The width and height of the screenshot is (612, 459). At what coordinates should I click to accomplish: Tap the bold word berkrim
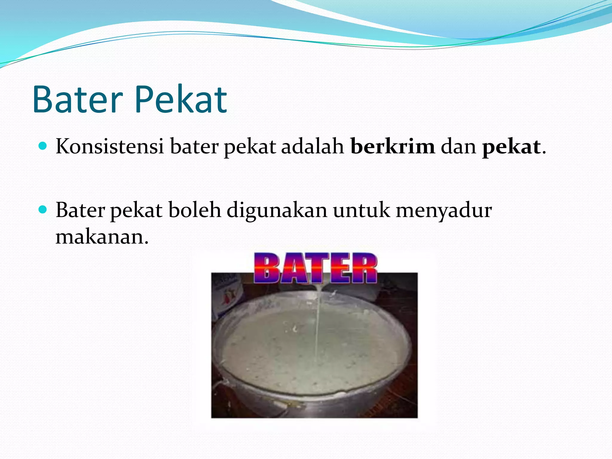tap(393, 147)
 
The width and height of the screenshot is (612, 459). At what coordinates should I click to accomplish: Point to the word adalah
tap(313, 147)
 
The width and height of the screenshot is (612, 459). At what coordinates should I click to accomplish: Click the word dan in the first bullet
tap(458, 147)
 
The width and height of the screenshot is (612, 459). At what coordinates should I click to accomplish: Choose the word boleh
tap(195, 210)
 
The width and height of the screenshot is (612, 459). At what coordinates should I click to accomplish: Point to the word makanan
tap(102, 237)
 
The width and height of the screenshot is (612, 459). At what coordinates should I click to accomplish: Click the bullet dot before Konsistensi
tap(43, 146)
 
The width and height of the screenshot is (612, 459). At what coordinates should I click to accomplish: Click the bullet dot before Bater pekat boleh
tap(43, 209)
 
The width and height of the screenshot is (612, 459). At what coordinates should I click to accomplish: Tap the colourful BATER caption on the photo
tap(315, 268)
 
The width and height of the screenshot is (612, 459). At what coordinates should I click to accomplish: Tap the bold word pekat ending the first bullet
tap(511, 147)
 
